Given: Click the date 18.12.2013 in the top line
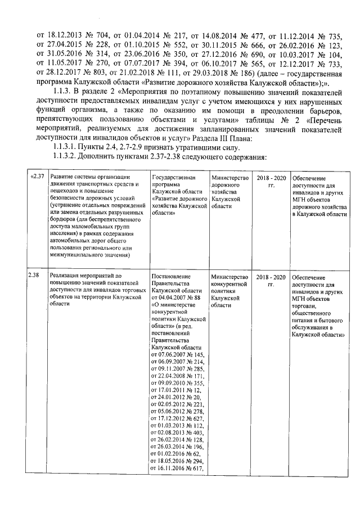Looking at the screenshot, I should click(x=67, y=34).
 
